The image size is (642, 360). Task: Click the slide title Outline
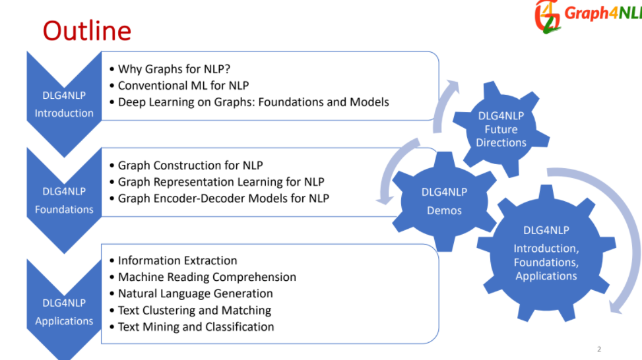coord(86,30)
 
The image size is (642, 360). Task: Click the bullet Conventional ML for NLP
coord(183,85)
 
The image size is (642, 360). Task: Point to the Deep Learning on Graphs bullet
coord(253,102)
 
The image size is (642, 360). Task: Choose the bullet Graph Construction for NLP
coord(190,165)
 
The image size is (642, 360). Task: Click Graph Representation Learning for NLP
coord(221,181)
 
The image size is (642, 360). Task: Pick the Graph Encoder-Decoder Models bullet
coord(223,198)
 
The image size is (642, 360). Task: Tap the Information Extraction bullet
coord(177,260)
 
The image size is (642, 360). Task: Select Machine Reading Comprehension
coord(207,277)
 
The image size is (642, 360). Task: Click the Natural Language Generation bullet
coord(195,293)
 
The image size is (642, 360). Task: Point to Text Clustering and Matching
coord(194,310)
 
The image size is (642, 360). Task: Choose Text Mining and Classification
coord(196,326)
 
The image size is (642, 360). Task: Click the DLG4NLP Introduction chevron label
coord(64,104)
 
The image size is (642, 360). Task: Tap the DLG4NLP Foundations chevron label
coord(64,200)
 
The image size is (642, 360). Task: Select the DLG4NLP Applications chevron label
coord(64,312)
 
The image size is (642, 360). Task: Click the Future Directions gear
coord(501,129)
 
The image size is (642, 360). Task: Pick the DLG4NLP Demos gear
coord(444,201)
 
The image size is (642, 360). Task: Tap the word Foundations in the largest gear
coord(546,262)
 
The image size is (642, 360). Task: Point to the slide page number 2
coord(598,349)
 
